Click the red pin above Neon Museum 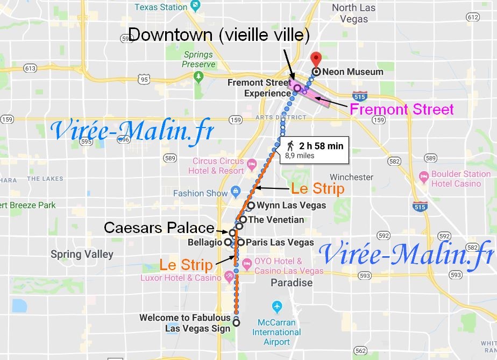[x=316, y=58]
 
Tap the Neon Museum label [x=352, y=72]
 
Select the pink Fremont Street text [x=402, y=110]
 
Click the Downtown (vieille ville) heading [x=219, y=36]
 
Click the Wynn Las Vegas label [x=291, y=205]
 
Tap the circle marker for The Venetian [x=243, y=220]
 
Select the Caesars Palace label [x=159, y=227]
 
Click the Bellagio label [x=204, y=243]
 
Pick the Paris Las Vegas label [x=280, y=242]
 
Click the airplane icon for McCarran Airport [x=278, y=306]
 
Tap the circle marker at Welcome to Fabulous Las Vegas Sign [x=236, y=323]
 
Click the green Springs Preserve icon [x=199, y=76]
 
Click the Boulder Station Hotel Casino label [x=461, y=179]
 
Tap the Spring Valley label [x=82, y=254]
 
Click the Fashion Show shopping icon [x=235, y=192]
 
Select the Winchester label [x=351, y=177]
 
